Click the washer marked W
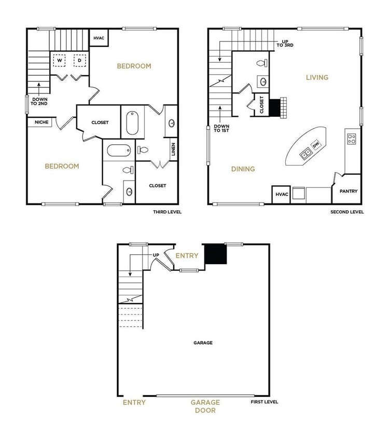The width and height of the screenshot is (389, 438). coord(59,61)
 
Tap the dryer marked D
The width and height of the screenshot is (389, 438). coord(79,61)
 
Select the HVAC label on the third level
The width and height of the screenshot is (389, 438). coord(98,38)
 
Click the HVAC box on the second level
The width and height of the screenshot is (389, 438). coord(281,194)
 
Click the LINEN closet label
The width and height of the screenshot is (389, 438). coord(173,149)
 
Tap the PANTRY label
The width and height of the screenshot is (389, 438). coord(348,191)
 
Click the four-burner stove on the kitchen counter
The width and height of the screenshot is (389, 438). coord(351,139)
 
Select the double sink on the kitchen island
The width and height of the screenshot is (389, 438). coord(305,153)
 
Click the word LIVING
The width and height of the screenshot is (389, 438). coord(317,77)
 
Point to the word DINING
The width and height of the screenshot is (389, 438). coord(243,169)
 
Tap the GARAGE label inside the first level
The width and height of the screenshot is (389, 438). coord(203,343)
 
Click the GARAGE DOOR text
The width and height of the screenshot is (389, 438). coord(205,406)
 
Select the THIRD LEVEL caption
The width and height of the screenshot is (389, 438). coord(168,212)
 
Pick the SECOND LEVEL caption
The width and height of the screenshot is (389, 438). coord(347,212)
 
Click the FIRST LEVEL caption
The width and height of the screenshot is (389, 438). coord(265,402)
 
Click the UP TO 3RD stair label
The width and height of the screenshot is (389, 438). coord(285,44)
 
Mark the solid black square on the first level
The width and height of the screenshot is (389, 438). coord(216,254)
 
